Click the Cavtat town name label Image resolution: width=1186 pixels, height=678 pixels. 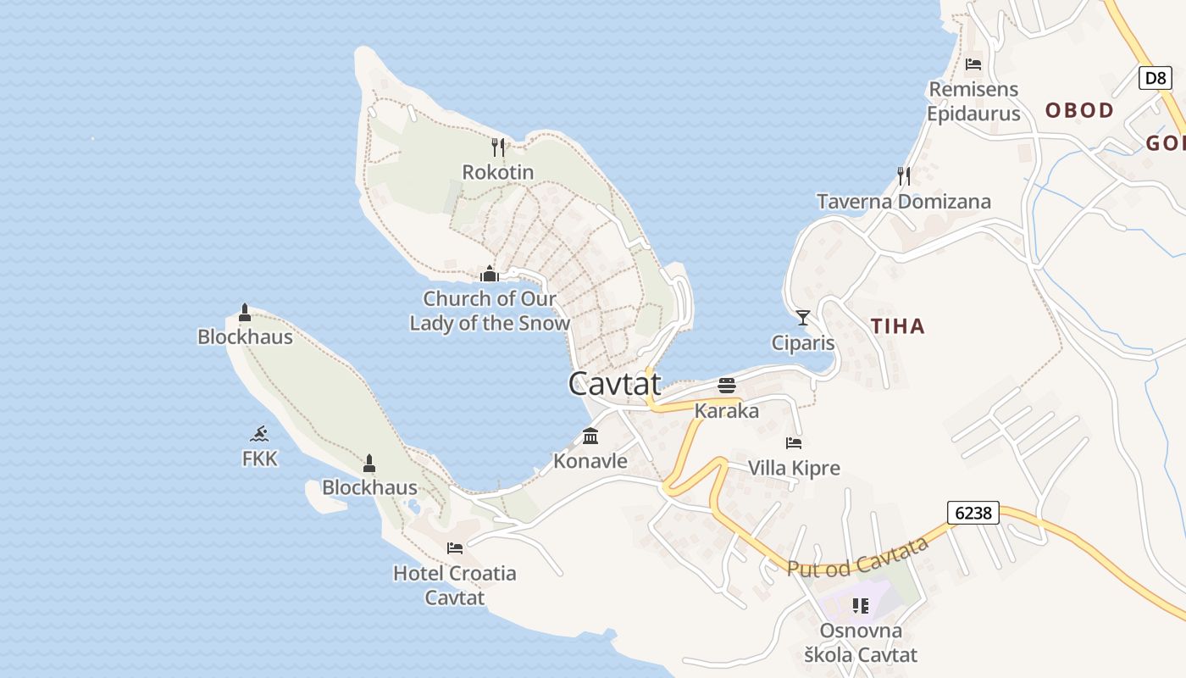tap(614, 384)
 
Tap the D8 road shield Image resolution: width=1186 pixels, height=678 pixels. tap(1155, 79)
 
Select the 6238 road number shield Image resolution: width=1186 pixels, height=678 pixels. tap(973, 513)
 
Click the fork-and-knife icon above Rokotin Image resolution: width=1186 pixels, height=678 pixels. tap(498, 147)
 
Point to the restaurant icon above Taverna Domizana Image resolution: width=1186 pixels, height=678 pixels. tap(904, 175)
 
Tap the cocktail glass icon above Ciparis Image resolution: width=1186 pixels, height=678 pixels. tap(803, 318)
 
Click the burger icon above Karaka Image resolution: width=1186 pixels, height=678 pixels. tap(727, 386)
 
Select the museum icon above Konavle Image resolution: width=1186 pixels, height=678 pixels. tap(590, 436)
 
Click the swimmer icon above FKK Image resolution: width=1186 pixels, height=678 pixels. tap(260, 434)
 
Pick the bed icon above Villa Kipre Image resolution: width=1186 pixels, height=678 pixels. tap(794, 442)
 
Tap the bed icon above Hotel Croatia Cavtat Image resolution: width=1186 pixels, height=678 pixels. tap(455, 547)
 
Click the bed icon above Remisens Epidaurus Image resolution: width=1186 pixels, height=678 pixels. tap(973, 64)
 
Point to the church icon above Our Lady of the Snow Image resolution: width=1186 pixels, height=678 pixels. tap(490, 274)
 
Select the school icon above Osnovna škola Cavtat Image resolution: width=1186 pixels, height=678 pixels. tap(861, 606)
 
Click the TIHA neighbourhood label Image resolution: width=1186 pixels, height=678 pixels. tap(898, 326)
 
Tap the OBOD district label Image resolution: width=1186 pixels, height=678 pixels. tap(1079, 110)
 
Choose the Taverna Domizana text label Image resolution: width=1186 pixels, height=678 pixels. tap(904, 202)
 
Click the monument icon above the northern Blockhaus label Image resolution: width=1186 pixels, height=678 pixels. tap(245, 313)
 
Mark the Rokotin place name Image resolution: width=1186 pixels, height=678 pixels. tap(498, 172)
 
